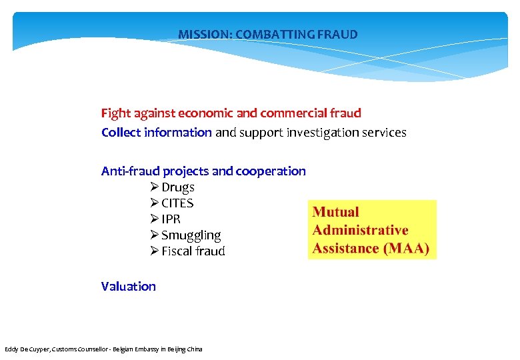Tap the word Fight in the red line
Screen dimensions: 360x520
[114, 113]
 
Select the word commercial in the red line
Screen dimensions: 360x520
[293, 113]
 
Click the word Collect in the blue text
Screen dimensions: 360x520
[121, 133]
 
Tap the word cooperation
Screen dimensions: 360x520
[271, 171]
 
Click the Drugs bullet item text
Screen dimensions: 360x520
[178, 187]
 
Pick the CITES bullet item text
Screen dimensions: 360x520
[177, 203]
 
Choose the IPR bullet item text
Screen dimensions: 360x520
[171, 219]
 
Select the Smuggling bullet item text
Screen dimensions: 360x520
[191, 235]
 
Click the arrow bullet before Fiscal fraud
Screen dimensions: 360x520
[154, 251]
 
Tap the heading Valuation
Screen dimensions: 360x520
[129, 287]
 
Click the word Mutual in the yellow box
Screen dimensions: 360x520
[335, 213]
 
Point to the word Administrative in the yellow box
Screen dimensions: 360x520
[360, 231]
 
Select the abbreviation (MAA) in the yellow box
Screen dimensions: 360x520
[405, 249]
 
